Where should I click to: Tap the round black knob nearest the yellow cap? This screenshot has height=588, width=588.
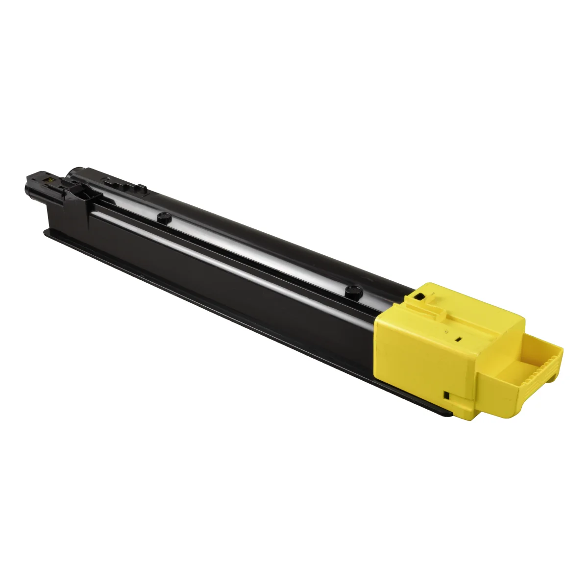(x=351, y=290)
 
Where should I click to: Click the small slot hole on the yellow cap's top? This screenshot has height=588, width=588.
(x=459, y=338)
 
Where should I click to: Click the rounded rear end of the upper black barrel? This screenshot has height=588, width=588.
(x=73, y=171)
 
